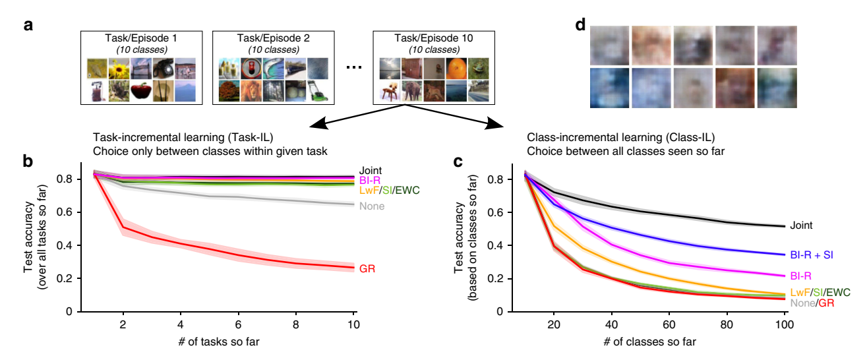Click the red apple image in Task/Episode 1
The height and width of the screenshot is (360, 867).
pos(141,92)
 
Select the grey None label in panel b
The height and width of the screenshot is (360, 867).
pos(371,206)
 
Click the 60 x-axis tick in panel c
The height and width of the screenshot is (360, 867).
pos(669,325)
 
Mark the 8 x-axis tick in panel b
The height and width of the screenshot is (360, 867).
pos(296,325)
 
